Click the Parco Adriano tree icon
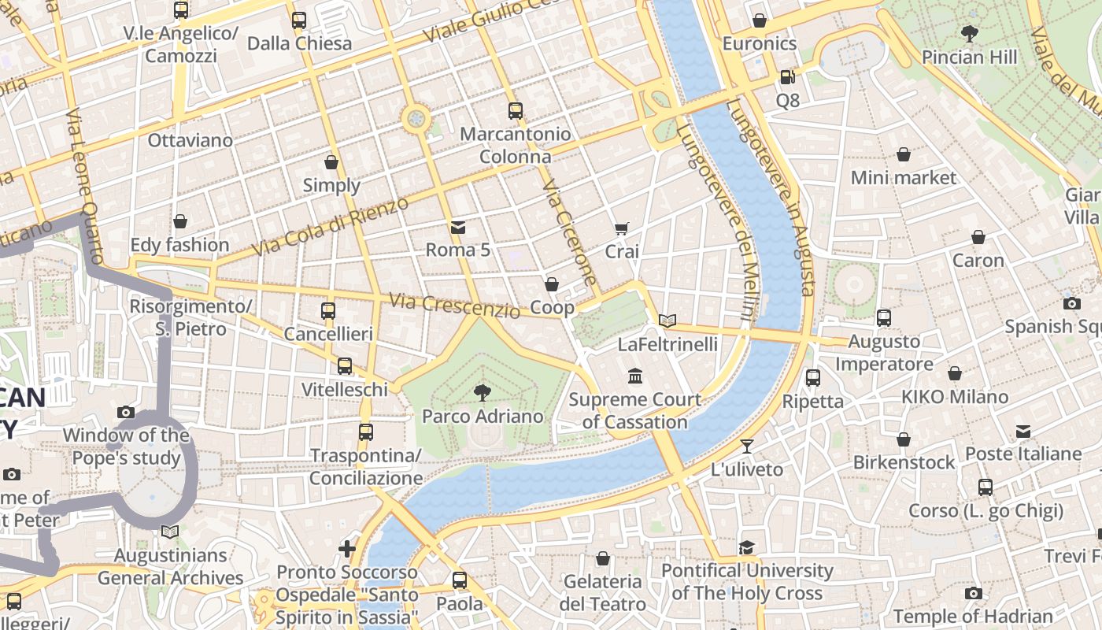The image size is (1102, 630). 482,392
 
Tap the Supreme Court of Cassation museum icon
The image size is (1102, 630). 634,376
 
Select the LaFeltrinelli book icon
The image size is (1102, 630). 667,321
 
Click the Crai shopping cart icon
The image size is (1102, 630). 621,228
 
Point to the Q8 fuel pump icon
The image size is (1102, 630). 787,77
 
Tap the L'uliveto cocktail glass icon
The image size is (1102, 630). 747,446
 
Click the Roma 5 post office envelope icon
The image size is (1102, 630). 457,227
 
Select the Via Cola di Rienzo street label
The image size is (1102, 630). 331,227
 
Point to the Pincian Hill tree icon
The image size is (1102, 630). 969,33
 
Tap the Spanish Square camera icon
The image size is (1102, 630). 1071,303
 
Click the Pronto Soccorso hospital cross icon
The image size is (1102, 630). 347,548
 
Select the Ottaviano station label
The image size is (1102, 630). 190,141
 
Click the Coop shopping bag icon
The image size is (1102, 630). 552,283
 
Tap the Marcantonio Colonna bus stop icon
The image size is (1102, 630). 516,111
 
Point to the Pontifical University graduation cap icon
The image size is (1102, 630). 746,547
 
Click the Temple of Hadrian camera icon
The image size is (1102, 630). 973,593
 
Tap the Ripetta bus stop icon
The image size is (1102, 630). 813,378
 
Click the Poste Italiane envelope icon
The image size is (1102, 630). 1022,431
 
